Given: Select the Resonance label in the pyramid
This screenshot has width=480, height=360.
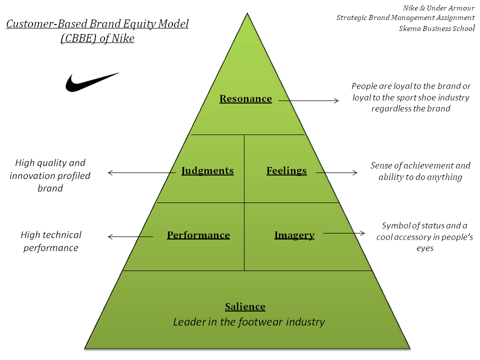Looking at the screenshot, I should pos(245,99).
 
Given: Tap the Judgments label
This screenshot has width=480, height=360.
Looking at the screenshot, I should pos(207,171).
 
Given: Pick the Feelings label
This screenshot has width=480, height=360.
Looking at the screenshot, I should pos(286,171).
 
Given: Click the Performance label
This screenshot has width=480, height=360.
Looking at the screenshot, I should pos(198,235).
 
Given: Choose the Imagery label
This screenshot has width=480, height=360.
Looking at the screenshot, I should pos(294,235).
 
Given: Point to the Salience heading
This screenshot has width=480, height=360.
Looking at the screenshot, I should pos(245,307).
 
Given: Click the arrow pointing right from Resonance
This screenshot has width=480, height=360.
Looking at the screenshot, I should pos(308,101).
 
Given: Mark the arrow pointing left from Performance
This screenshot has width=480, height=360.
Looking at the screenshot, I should pos(130,236).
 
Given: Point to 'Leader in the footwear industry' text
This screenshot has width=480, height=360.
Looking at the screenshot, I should pos(249,322).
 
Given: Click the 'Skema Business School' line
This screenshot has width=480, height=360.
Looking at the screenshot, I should pos(436,28).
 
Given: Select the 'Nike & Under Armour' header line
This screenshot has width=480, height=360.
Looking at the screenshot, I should pos(438,8).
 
